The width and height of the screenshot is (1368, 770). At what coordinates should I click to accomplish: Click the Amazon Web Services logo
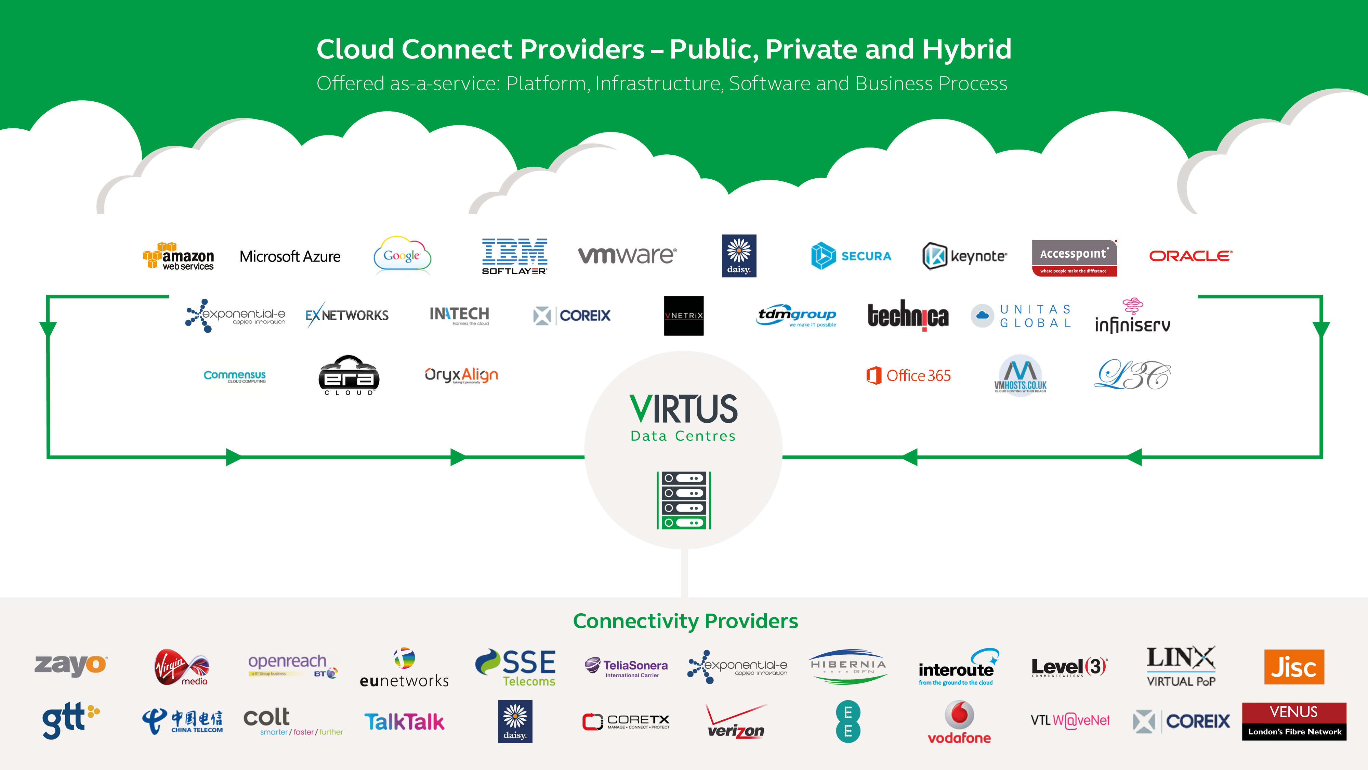coord(179,257)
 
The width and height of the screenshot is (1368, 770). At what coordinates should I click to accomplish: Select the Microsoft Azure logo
coord(290,257)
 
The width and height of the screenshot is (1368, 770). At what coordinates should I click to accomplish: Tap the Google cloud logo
coord(402,256)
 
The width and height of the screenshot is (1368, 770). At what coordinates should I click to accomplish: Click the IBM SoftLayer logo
coord(514,256)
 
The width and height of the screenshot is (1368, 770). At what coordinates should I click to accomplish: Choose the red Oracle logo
coord(1190,256)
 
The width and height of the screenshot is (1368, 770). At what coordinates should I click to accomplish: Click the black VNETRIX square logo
coord(683,316)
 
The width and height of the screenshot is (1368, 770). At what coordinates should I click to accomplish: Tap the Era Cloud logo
coord(348,376)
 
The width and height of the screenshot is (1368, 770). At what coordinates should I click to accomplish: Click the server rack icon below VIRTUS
coord(683,500)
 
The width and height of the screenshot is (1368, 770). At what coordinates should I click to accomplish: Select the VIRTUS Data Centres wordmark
coord(683,417)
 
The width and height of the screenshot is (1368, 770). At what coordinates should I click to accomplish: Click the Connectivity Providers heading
coord(685,621)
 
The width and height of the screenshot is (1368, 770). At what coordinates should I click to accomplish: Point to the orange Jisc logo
coord(1294,667)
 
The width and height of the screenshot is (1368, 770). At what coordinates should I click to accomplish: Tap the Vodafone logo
coord(959,722)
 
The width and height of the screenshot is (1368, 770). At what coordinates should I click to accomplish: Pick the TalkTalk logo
coord(404,722)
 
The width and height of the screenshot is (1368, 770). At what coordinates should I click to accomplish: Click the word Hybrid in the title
coord(966,49)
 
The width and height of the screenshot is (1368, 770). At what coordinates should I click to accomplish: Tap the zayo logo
coord(71,665)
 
